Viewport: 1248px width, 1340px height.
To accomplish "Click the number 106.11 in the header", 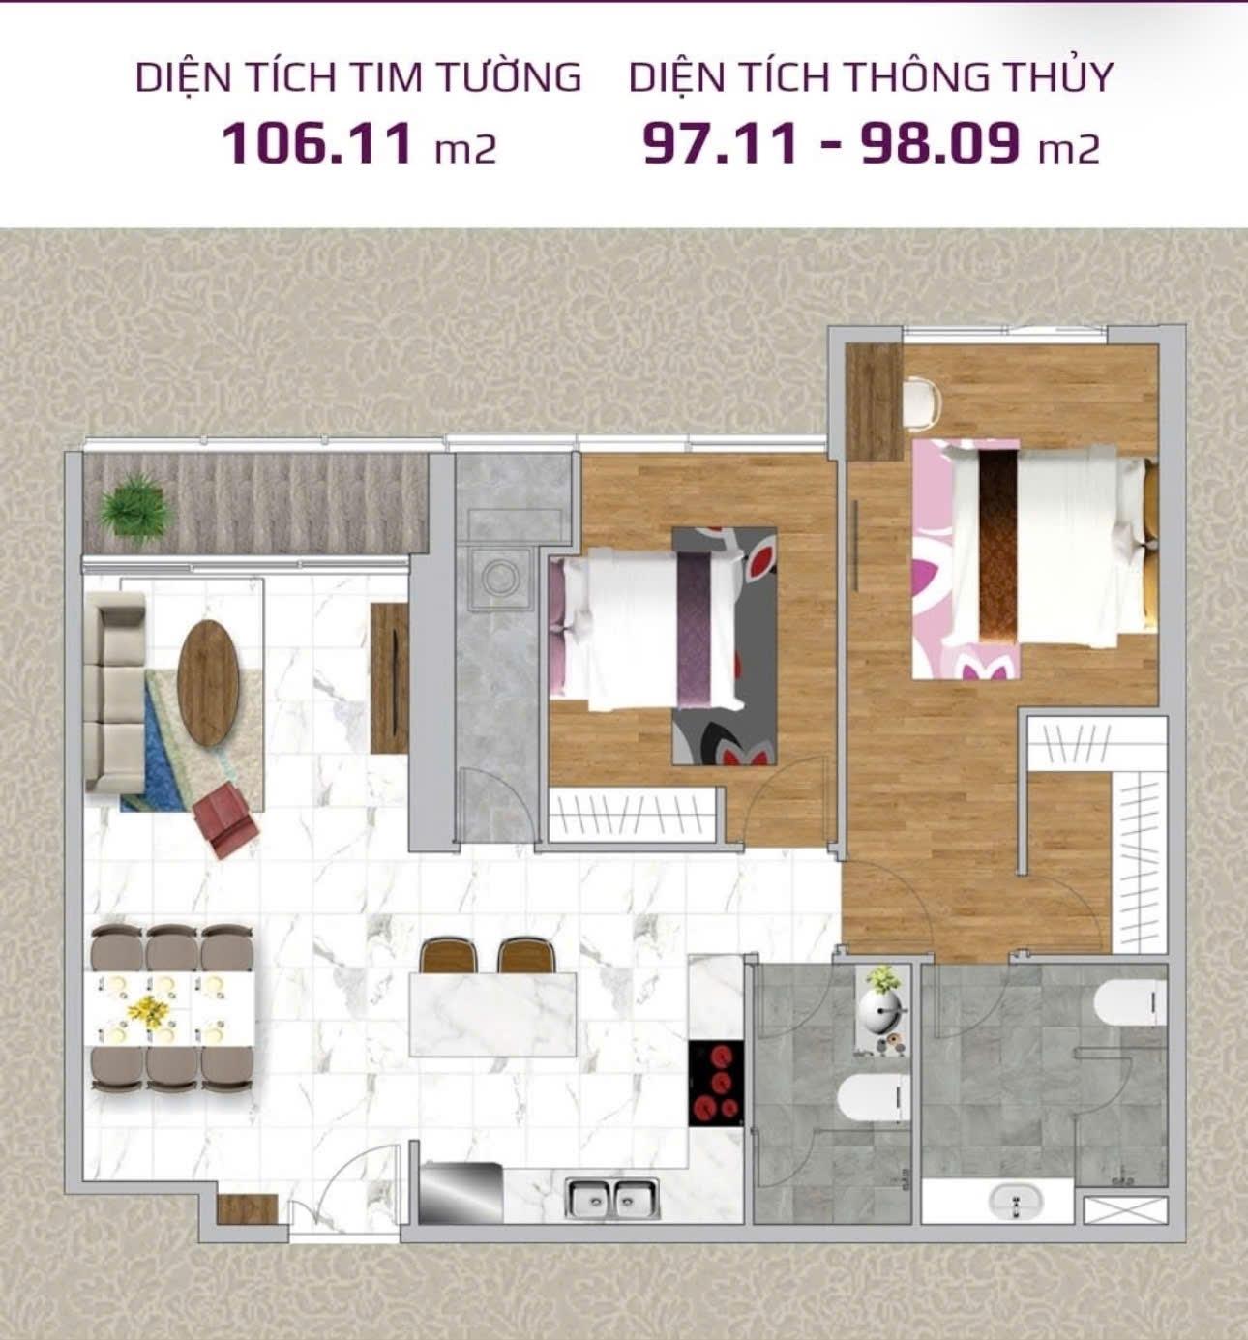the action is pyautogui.click(x=316, y=144).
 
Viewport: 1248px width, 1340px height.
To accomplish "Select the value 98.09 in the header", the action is pyautogui.click(x=938, y=144).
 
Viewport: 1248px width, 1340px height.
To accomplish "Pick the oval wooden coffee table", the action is pyautogui.click(x=208, y=683).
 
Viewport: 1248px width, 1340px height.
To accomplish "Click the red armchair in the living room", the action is pyautogui.click(x=225, y=819).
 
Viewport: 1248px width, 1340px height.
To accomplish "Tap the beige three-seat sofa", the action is pyautogui.click(x=114, y=692).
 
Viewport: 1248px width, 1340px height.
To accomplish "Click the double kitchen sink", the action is pyautogui.click(x=611, y=1200).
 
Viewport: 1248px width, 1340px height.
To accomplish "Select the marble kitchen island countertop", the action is pyautogui.click(x=492, y=1015).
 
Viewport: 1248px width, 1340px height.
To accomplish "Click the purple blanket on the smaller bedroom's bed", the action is pyautogui.click(x=694, y=631).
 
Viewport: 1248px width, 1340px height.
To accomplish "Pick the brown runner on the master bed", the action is pyautogui.click(x=998, y=544).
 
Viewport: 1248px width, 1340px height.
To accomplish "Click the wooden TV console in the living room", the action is pyautogui.click(x=390, y=678).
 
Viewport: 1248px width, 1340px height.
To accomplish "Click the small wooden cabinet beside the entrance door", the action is pyautogui.click(x=247, y=1209).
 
